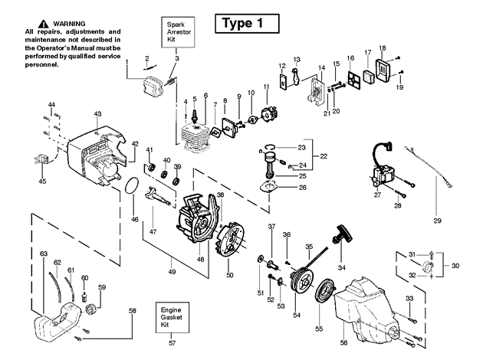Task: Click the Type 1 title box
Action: [247, 24]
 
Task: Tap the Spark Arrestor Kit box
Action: [178, 32]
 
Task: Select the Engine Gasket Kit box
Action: [172, 317]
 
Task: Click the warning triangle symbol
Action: [44, 24]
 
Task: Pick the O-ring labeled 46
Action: [132, 185]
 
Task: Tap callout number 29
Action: [437, 221]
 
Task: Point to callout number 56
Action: [343, 342]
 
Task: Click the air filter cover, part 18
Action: [383, 71]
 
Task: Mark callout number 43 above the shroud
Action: [97, 114]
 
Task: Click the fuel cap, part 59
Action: [90, 309]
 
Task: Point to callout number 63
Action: [44, 254]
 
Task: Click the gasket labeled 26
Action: [268, 188]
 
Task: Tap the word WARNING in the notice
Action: [69, 24]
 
